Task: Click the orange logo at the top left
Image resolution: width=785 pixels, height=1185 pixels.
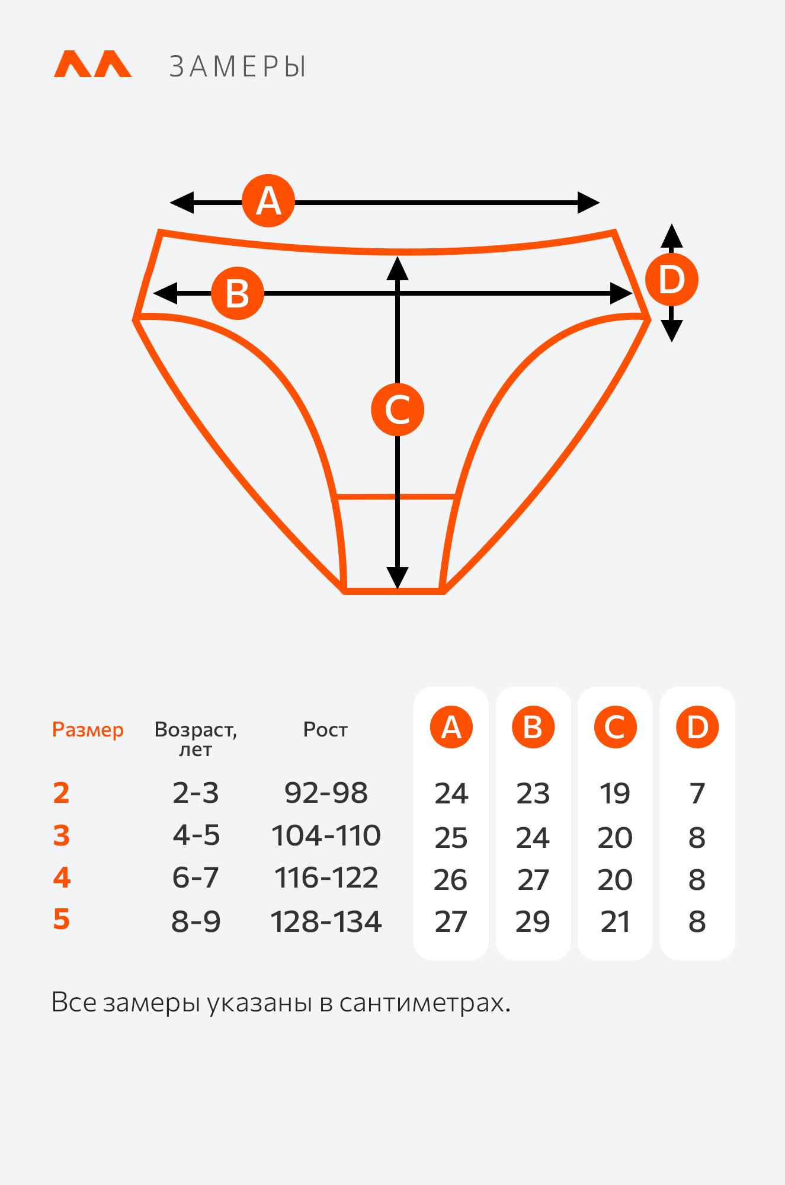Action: click(92, 64)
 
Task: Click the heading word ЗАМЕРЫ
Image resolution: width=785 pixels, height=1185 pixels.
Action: click(238, 66)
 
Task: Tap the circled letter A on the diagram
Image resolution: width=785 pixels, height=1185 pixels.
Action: click(268, 201)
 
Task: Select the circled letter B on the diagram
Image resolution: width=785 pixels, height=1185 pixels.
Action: click(238, 293)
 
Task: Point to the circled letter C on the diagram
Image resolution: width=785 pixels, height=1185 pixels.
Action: click(398, 409)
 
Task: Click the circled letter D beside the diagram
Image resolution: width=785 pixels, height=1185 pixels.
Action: click(671, 279)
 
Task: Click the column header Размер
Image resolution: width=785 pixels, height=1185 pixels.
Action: click(88, 730)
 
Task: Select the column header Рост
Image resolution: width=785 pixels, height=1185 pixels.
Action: click(325, 729)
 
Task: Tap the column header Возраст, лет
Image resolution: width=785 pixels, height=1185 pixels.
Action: click(196, 739)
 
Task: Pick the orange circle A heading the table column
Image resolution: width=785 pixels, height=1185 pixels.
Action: click(451, 727)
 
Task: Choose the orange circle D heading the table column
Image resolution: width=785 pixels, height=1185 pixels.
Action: click(697, 727)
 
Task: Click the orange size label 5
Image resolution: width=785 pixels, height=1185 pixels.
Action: click(62, 919)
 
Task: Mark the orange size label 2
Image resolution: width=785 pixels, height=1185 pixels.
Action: click(61, 793)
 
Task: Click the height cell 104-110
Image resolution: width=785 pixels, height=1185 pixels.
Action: click(326, 835)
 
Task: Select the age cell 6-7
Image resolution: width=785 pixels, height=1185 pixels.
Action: click(196, 877)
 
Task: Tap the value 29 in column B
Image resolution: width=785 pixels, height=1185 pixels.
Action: click(533, 922)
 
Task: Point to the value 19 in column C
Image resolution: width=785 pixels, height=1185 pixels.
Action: click(615, 793)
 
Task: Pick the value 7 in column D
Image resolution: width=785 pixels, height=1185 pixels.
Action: click(697, 793)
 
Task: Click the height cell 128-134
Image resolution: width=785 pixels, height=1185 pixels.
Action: click(326, 922)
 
